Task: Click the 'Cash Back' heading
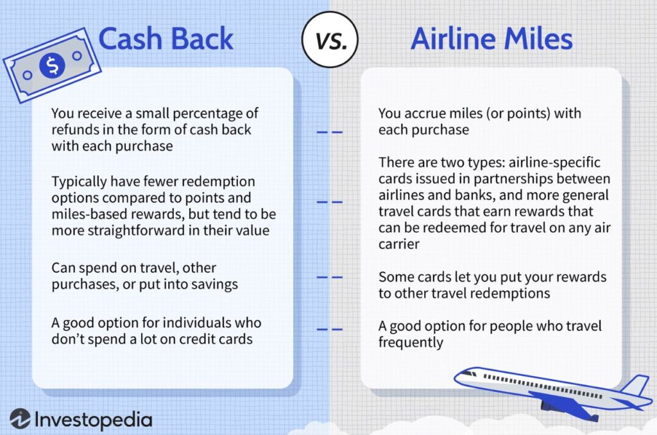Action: pyautogui.click(x=166, y=38)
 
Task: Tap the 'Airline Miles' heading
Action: pyautogui.click(x=491, y=38)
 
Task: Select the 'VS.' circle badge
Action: pyautogui.click(x=330, y=39)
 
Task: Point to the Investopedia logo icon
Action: pyautogui.click(x=20, y=419)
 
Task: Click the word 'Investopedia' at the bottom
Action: pyautogui.click(x=93, y=420)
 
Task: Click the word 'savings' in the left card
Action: pyautogui.click(x=214, y=285)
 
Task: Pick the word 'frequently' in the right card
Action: pyautogui.click(x=411, y=343)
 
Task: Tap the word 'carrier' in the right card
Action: pyautogui.click(x=398, y=244)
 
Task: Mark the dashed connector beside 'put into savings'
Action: pyautogui.click(x=329, y=277)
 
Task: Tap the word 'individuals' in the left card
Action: pyautogui.click(x=190, y=323)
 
